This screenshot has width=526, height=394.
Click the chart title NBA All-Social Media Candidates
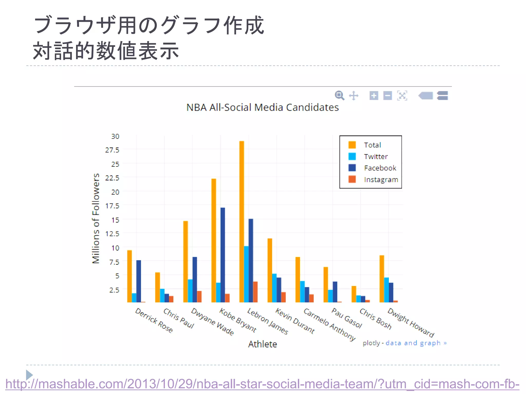pos(262,107)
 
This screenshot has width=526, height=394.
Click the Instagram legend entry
pos(381,180)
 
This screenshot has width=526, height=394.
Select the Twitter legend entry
pos(375,156)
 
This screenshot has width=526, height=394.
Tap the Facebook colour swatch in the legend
pos(352,168)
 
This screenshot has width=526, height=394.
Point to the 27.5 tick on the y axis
pos(112,150)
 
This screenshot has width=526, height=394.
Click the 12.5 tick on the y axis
pos(112,234)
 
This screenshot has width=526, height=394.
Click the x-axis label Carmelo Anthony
pos(330,324)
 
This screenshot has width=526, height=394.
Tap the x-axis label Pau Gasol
pos(347,318)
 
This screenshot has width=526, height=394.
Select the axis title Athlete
pos(262,344)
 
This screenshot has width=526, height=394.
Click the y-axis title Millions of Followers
pos(96,218)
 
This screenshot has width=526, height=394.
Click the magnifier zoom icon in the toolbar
pos(339,95)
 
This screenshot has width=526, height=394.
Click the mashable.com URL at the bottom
pos(262,384)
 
